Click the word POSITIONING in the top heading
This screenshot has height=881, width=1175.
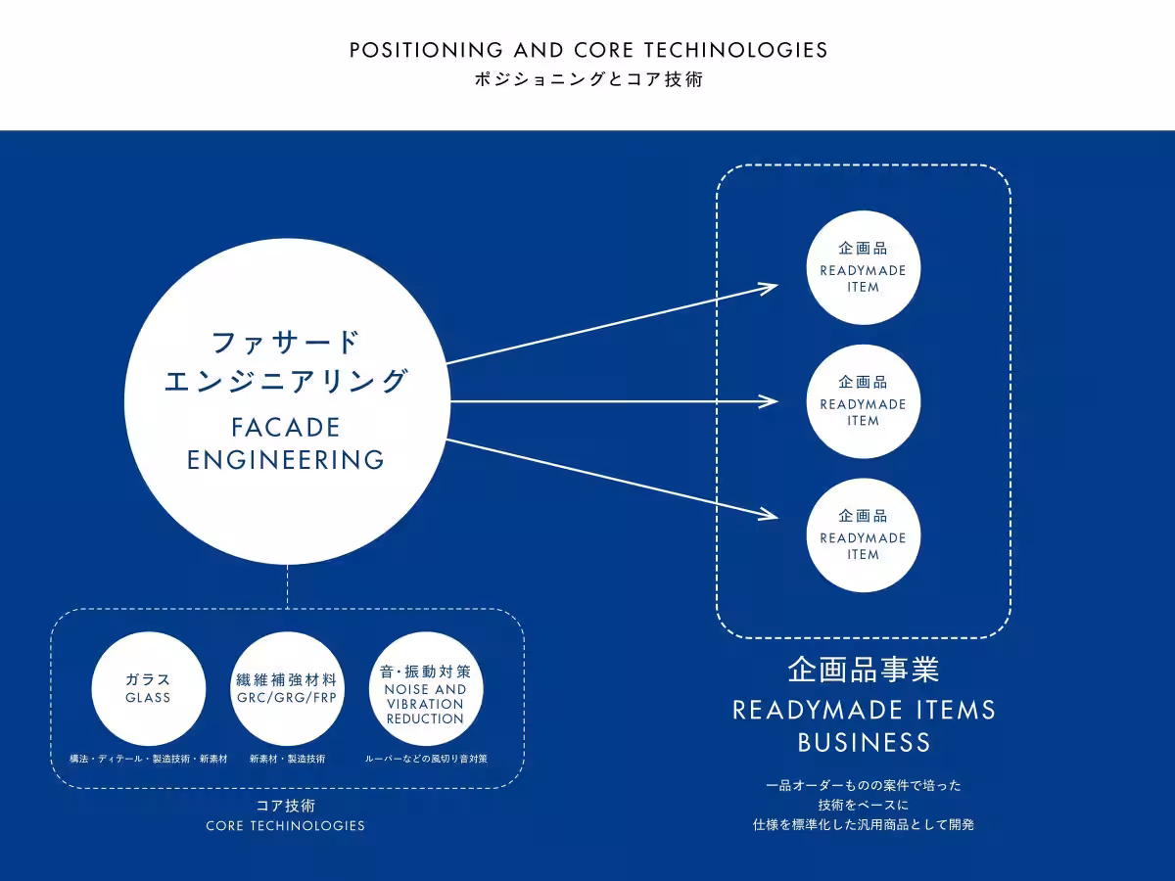(426, 50)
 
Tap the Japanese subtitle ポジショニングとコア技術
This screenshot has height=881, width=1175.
(588, 79)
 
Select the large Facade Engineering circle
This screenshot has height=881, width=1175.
(288, 401)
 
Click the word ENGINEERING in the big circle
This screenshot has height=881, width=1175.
(285, 460)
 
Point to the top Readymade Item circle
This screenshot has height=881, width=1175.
(864, 267)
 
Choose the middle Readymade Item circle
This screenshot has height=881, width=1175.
(864, 401)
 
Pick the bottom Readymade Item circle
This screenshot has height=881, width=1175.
(864, 534)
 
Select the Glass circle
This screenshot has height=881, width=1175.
(148, 688)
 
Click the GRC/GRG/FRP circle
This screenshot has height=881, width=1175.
(287, 688)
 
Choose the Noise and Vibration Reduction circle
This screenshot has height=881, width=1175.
(426, 688)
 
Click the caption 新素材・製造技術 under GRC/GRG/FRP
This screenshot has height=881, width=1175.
(287, 759)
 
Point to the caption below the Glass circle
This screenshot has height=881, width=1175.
(148, 759)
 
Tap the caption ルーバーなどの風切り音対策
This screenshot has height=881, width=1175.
(426, 759)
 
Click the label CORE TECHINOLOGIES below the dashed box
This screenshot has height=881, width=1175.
(285, 826)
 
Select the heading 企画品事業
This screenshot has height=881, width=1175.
(864, 670)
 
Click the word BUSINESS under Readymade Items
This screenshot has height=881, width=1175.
(864, 743)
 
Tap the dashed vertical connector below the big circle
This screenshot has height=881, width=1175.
(288, 586)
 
